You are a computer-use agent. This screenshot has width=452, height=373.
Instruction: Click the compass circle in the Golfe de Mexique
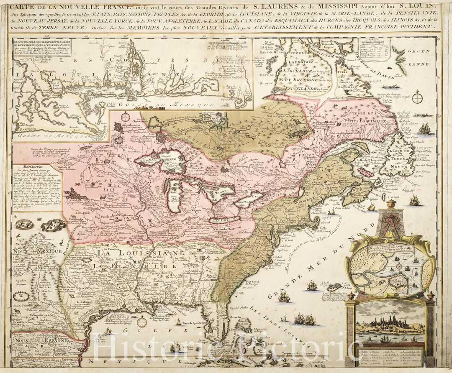click(x=142, y=321)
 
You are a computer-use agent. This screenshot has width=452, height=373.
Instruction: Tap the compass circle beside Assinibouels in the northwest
click(x=126, y=117)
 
